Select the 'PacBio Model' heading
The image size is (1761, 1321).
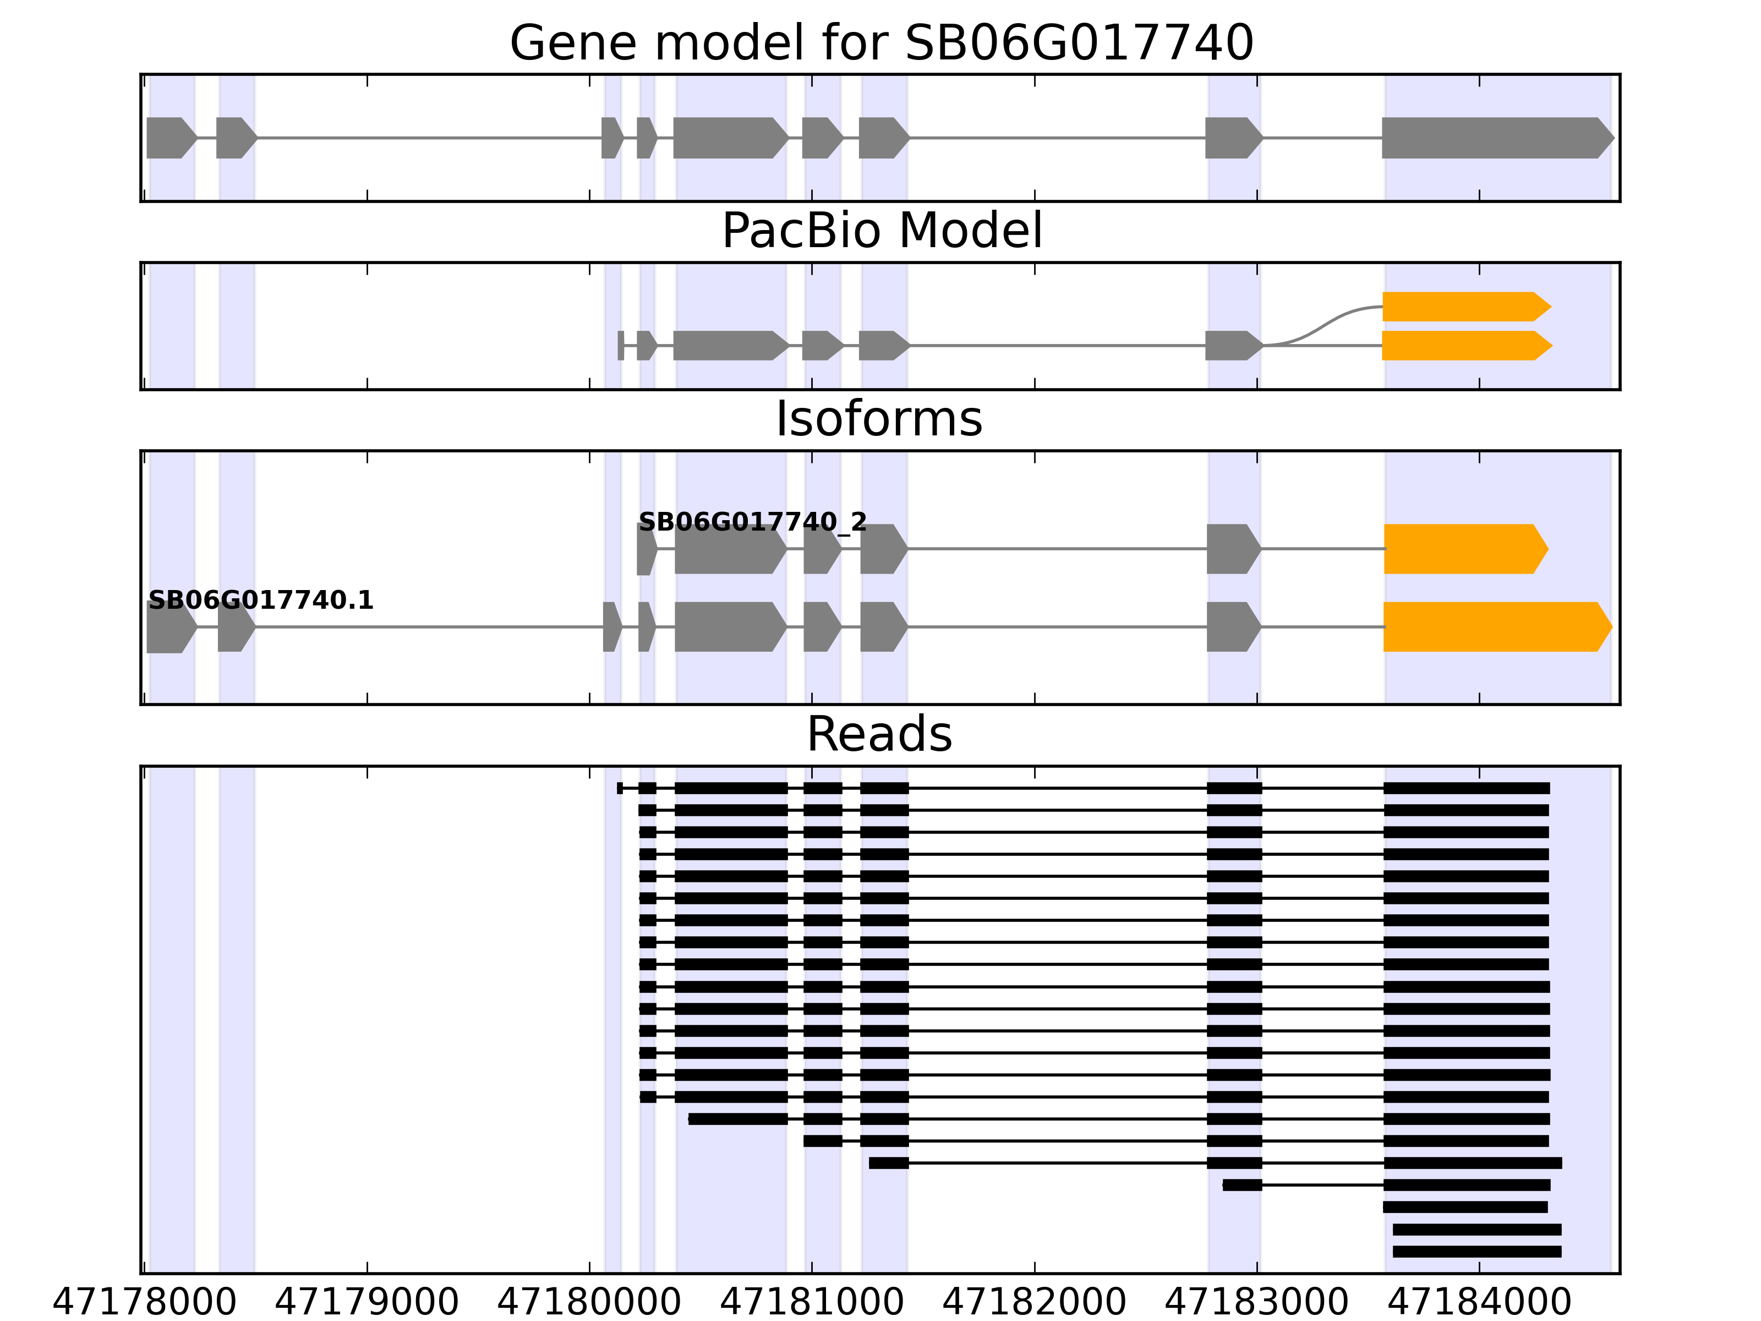[x=880, y=231]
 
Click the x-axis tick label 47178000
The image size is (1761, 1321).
[x=144, y=1303]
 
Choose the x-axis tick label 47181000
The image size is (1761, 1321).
[x=812, y=1303]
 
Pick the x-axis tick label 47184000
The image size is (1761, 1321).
[x=1479, y=1303]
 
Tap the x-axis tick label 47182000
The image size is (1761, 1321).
[x=1034, y=1303]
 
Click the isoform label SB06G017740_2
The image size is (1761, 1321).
[x=752, y=522]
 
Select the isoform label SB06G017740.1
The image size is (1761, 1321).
[x=261, y=601]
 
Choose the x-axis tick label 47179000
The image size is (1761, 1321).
[x=367, y=1303]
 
